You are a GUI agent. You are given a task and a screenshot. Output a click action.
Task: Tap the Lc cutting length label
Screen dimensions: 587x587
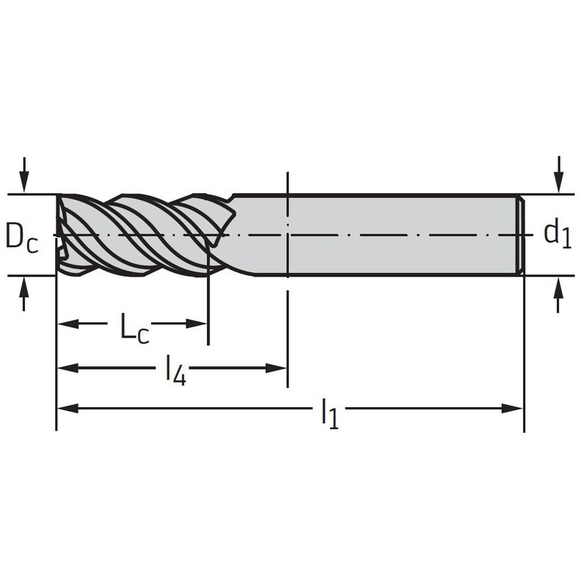[134, 329]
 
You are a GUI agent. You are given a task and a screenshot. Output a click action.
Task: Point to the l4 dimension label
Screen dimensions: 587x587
[175, 370]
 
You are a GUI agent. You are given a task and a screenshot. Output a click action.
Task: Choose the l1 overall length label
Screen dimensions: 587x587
[329, 413]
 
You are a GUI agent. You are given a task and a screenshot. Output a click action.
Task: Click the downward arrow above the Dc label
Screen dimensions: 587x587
[24, 175]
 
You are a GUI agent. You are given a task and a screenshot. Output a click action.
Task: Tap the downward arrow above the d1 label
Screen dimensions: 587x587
[558, 175]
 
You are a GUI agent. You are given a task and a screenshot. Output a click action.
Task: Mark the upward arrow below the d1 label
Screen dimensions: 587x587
[558, 295]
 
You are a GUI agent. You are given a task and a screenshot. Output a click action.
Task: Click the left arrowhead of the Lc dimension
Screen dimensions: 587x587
[68, 324]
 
